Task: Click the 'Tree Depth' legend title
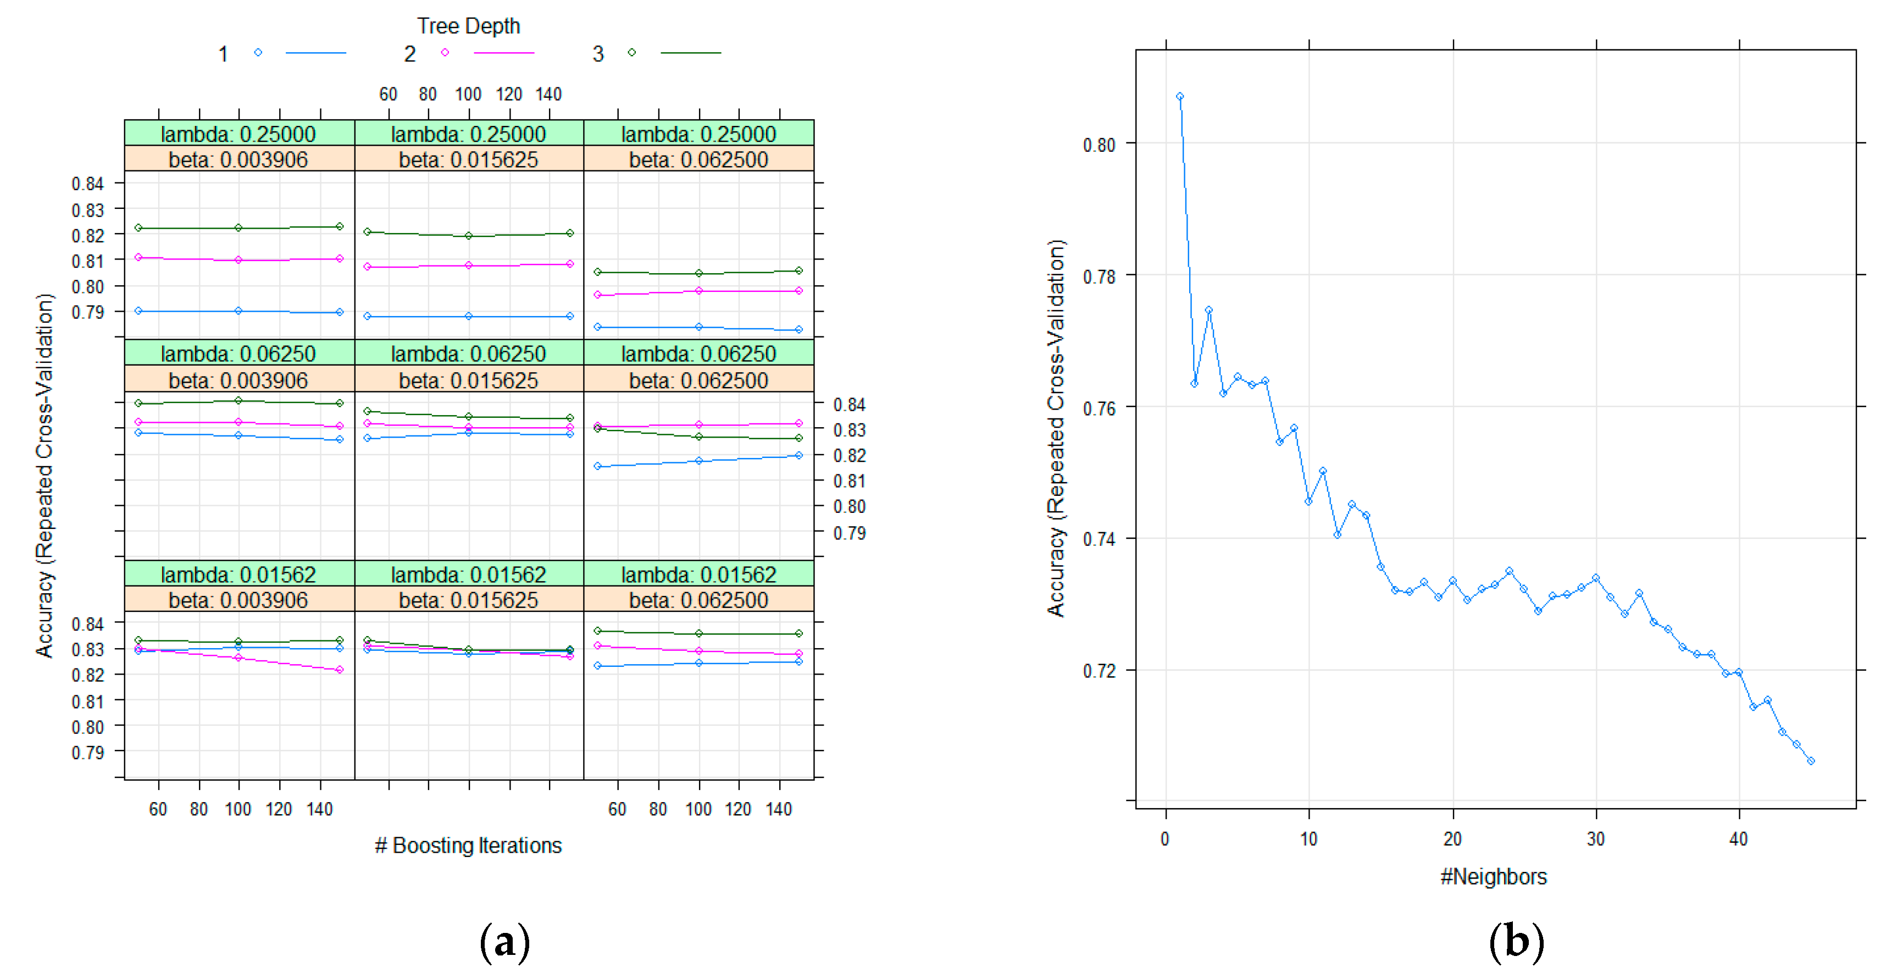pyautogui.click(x=468, y=26)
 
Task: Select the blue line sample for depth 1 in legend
pyautogui.click(x=315, y=53)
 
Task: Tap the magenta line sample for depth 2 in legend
pyautogui.click(x=504, y=53)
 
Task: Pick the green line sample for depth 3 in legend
pyautogui.click(x=691, y=53)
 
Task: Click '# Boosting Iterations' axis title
pyautogui.click(x=468, y=845)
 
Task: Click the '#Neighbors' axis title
pyautogui.click(x=1494, y=876)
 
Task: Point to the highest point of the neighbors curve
pyautogui.click(x=1180, y=96)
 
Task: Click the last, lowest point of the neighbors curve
pyautogui.click(x=1811, y=761)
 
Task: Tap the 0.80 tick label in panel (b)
pyautogui.click(x=1099, y=145)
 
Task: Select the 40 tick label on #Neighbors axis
pyautogui.click(x=1738, y=839)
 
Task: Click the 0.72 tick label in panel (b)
pyautogui.click(x=1099, y=671)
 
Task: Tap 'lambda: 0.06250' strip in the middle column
pyautogui.click(x=468, y=353)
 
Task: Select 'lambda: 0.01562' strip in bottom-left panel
pyautogui.click(x=238, y=574)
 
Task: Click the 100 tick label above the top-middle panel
pyautogui.click(x=468, y=94)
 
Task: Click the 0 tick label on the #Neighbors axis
pyautogui.click(x=1165, y=839)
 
